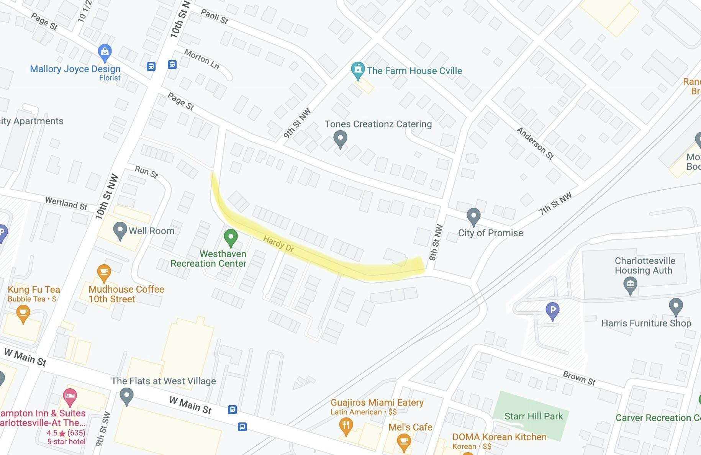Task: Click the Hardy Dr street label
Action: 278,244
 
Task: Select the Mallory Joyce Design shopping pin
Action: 105,52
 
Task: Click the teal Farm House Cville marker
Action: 358,70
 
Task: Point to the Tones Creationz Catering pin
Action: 340,139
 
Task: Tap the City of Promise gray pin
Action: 473,216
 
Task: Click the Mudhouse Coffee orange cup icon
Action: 104,273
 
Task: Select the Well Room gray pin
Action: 120,230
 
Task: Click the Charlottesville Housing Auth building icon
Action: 630,285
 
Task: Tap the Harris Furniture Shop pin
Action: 676,306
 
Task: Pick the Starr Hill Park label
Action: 534,416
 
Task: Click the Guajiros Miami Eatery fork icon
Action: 346,426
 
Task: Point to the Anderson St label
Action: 535,143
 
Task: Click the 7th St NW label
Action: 555,203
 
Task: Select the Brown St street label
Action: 579,378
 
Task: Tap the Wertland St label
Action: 66,203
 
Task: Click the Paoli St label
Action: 215,16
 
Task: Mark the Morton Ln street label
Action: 201,59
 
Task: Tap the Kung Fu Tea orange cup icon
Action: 23,313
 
